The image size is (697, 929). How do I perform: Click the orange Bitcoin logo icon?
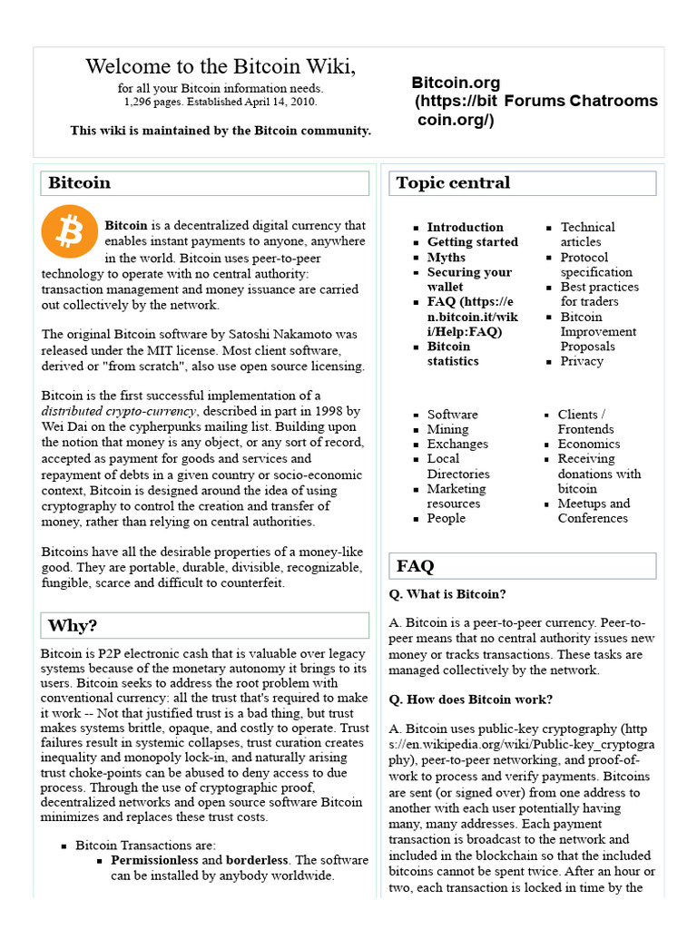pos(68,232)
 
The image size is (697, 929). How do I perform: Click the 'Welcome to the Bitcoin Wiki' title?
pos(221,66)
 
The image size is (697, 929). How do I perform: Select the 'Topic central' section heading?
pos(453,182)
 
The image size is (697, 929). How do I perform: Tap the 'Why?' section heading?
pos(73,625)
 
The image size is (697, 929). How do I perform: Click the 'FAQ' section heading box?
pos(416,566)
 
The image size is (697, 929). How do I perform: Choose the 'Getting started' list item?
pos(472,242)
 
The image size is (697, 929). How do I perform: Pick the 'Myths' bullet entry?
pos(446,257)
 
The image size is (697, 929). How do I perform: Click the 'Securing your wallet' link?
pos(469,279)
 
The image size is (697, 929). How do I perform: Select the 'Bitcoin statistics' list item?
pos(452,354)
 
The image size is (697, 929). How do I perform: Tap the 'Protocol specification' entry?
pos(595,265)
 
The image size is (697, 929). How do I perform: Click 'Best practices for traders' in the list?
pos(599,294)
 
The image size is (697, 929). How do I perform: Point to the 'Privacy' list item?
pos(581,361)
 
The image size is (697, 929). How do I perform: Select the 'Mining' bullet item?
pos(447,429)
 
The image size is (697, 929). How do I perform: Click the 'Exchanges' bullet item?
pos(457,444)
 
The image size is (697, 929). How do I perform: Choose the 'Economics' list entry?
pos(589,444)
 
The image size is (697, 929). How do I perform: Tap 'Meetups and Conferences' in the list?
pos(593,511)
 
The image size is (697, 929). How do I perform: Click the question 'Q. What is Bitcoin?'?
pos(447,594)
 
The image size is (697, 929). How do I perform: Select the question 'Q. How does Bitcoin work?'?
pos(470,699)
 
